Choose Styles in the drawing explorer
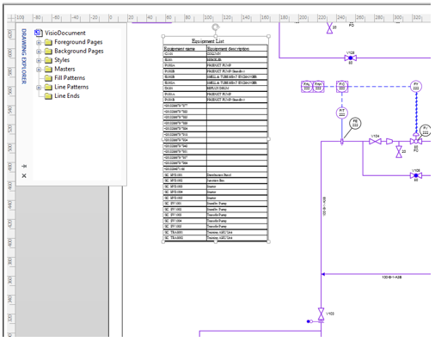click(x=62, y=60)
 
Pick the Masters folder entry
click(x=64, y=70)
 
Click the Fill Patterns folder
click(x=70, y=78)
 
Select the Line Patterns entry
click(x=70, y=87)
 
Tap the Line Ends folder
click(x=66, y=96)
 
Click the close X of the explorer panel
click(x=24, y=175)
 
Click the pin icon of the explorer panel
click(x=24, y=165)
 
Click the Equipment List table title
click(x=215, y=40)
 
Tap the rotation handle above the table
click(x=215, y=27)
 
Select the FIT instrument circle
click(x=341, y=113)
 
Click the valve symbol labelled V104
click(x=375, y=141)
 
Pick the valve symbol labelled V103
click(x=321, y=312)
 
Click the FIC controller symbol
click(x=341, y=86)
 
